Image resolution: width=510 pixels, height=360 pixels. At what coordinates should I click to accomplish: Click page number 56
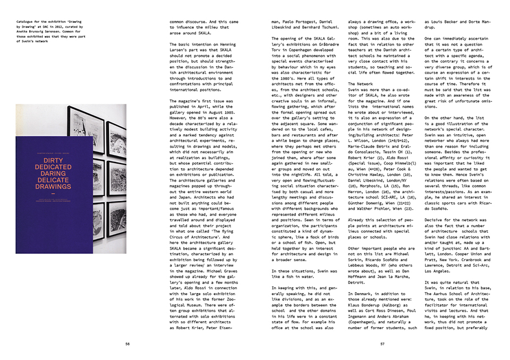[x=127, y=344]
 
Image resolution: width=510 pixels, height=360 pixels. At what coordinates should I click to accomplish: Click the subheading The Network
[x=361, y=84]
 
